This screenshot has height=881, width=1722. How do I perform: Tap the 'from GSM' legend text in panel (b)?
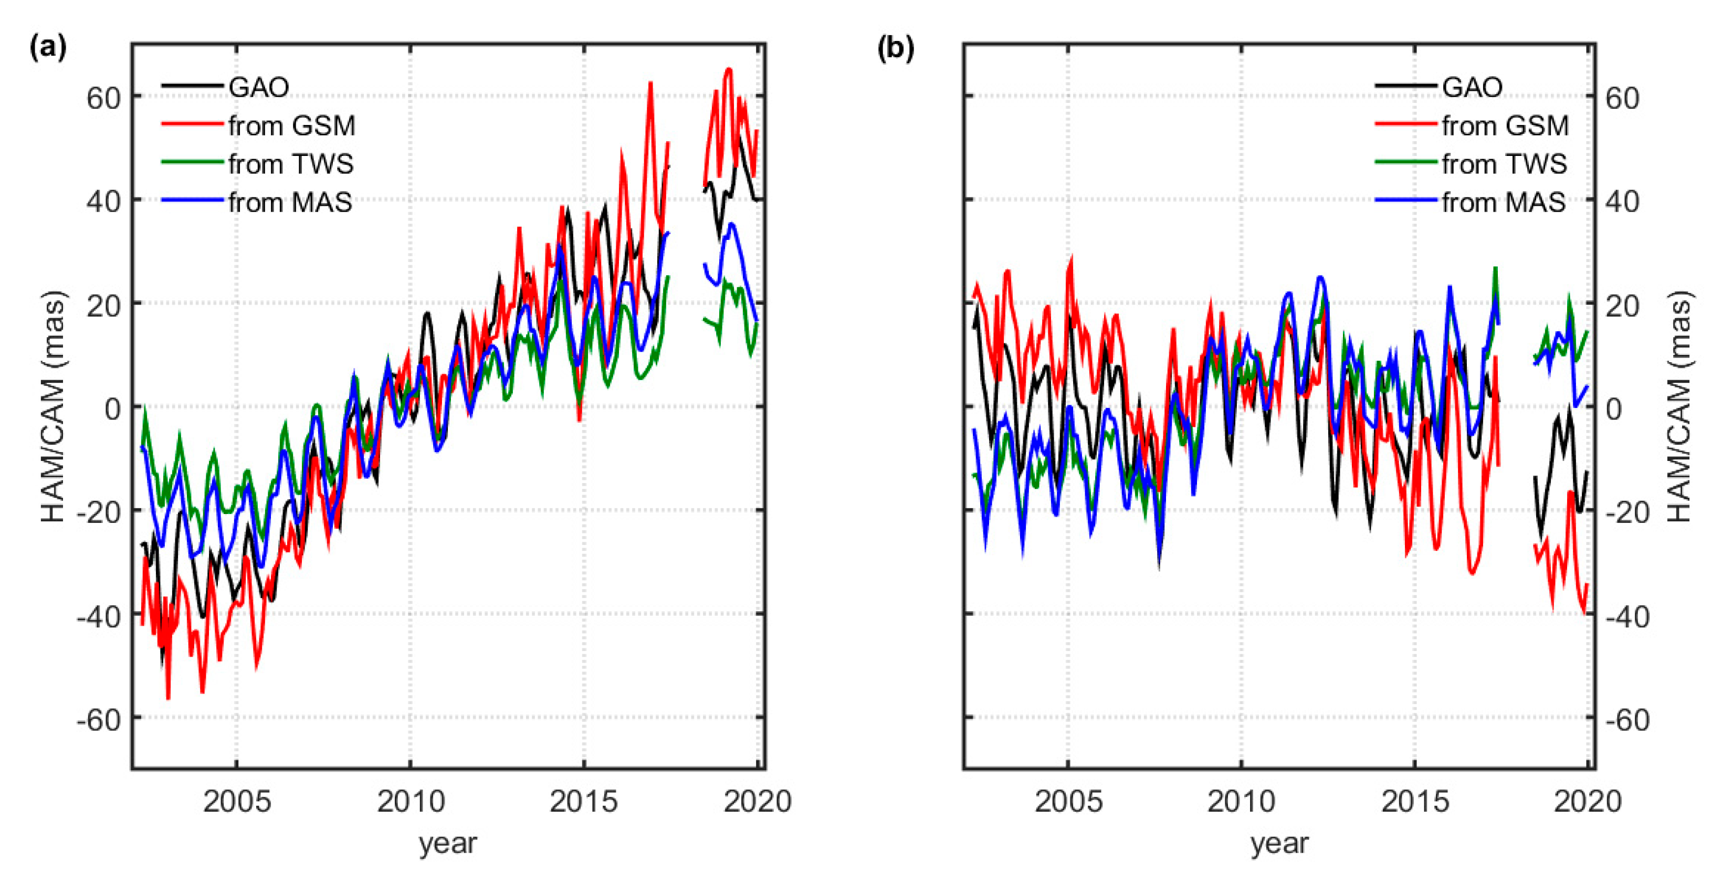(x=1505, y=125)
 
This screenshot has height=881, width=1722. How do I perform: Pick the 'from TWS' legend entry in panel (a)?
(x=291, y=164)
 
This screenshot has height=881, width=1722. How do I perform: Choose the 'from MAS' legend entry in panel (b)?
(x=1504, y=202)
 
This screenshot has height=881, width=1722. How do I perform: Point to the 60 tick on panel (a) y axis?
(x=103, y=98)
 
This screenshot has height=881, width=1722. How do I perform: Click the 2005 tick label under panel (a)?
(x=237, y=801)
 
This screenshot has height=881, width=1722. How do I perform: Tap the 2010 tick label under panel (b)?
(x=1242, y=801)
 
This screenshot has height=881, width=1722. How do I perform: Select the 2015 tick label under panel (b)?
(x=1415, y=801)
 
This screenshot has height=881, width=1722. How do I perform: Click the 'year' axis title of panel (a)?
(x=448, y=844)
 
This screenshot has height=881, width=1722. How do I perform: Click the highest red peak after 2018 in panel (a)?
(x=729, y=69)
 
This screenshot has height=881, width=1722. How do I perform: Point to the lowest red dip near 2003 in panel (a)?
(x=168, y=698)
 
